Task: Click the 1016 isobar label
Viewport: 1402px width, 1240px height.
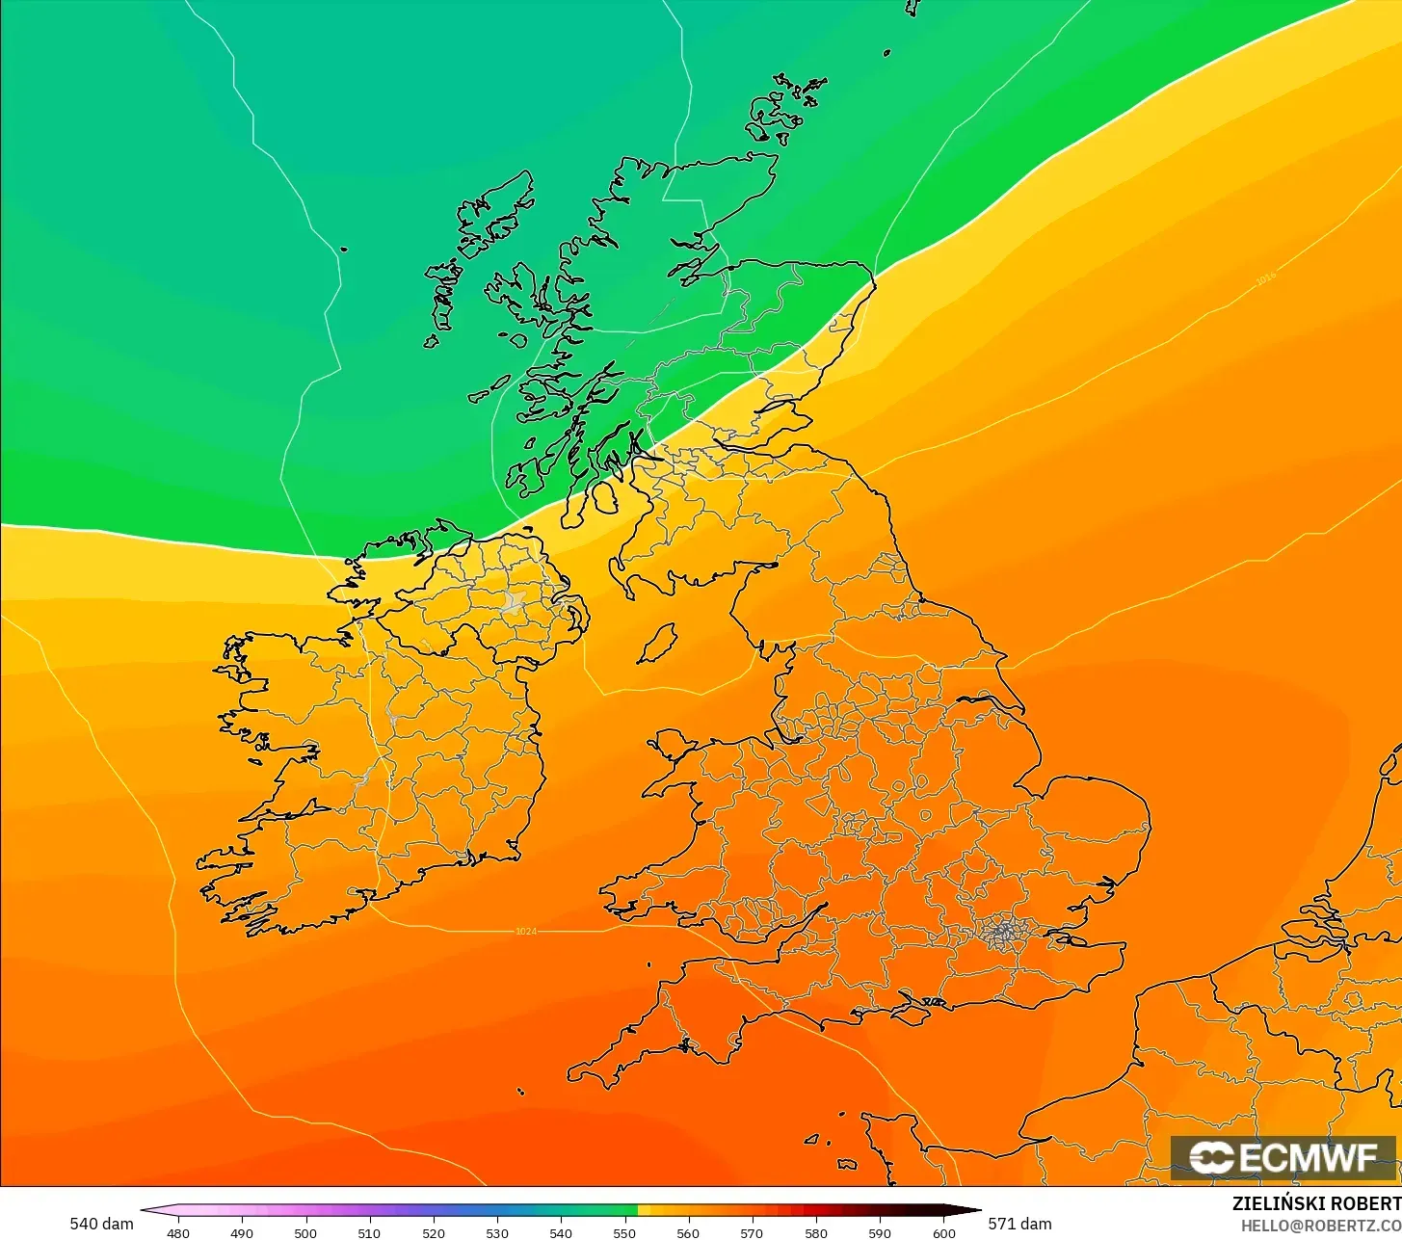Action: (1265, 278)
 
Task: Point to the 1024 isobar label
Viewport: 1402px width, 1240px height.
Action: (526, 931)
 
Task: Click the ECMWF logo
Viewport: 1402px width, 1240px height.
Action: (1283, 1157)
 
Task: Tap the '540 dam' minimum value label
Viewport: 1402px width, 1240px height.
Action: (101, 1224)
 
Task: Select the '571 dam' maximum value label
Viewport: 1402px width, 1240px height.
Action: (1020, 1224)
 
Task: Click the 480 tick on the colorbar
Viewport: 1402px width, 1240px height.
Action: (178, 1232)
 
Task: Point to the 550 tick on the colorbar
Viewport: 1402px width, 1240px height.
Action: (624, 1232)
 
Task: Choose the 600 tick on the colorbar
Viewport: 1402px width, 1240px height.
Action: (944, 1232)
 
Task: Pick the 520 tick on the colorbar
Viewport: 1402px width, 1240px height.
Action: (434, 1232)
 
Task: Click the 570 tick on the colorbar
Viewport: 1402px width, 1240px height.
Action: (752, 1232)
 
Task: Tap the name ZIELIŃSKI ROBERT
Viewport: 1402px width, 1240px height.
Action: (1316, 1203)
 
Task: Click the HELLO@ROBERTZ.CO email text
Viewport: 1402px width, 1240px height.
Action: (1320, 1225)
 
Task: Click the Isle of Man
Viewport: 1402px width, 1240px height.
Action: (658, 644)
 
